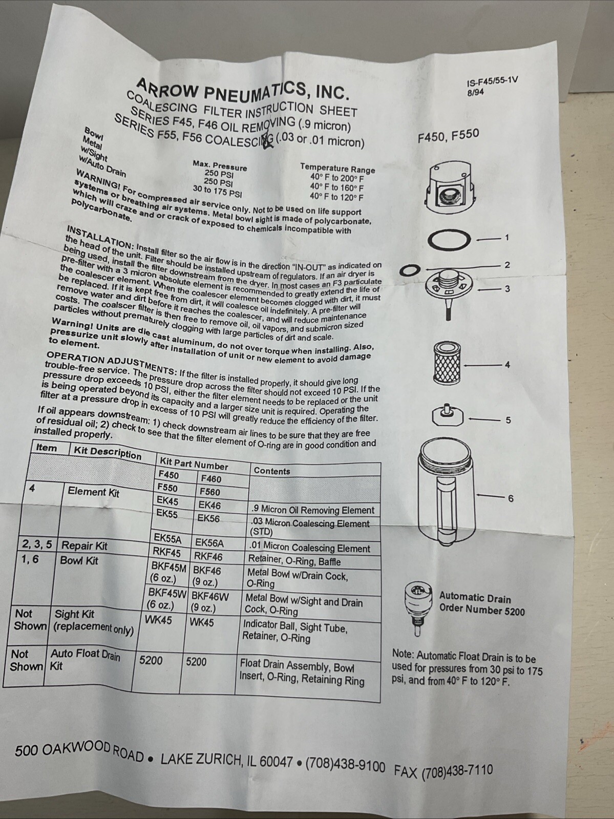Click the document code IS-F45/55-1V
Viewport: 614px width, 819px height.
(492, 82)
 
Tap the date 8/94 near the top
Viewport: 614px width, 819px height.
(475, 92)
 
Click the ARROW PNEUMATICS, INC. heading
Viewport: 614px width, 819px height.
(243, 87)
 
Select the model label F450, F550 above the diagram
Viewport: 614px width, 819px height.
(448, 137)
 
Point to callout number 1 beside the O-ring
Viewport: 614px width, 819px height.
(506, 238)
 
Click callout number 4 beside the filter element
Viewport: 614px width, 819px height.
(507, 365)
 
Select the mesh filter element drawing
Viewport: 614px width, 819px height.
(448, 363)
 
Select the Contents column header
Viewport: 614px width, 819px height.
(272, 471)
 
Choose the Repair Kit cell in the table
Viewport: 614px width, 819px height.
(84, 546)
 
